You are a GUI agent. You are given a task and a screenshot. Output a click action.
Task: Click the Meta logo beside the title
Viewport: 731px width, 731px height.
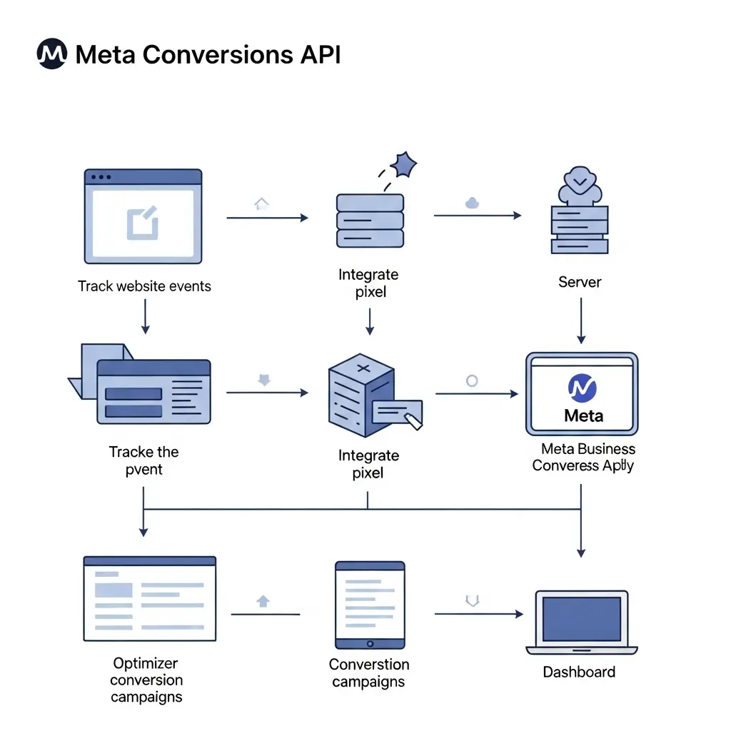(x=51, y=54)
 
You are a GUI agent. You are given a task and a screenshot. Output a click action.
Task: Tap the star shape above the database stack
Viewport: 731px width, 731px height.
(x=405, y=165)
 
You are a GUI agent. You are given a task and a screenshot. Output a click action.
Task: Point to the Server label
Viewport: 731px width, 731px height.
(x=580, y=282)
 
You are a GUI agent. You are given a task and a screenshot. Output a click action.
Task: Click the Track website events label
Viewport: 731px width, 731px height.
(x=144, y=286)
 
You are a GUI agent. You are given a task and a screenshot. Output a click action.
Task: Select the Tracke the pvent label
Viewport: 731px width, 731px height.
(x=144, y=460)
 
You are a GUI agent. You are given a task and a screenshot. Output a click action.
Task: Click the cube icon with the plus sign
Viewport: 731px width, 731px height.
(x=362, y=394)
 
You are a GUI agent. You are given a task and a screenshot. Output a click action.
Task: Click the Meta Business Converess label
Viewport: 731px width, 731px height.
(x=584, y=457)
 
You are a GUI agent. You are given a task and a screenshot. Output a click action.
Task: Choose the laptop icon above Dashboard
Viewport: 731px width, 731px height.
(x=582, y=622)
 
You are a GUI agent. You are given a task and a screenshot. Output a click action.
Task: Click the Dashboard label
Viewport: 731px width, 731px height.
(x=579, y=672)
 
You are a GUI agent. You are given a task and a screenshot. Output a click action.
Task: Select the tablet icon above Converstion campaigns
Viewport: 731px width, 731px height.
(x=370, y=604)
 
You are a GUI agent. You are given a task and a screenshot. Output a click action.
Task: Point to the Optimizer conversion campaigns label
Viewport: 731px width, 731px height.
(x=146, y=680)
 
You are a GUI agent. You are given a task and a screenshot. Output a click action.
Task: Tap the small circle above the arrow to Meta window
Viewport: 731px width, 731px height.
(x=472, y=380)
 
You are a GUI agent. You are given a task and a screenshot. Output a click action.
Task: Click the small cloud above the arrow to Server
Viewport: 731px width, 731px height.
(x=471, y=203)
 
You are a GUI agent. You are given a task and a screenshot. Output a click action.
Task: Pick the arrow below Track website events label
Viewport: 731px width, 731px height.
(x=146, y=316)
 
